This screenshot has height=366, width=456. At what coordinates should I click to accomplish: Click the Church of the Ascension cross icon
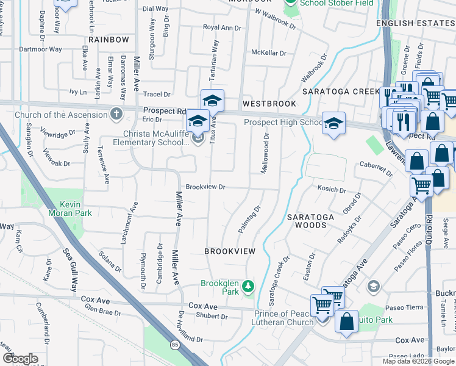tap(116, 114)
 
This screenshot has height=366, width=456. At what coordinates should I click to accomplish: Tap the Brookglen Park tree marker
tap(248, 285)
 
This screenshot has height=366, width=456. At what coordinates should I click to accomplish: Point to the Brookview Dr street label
tap(206, 187)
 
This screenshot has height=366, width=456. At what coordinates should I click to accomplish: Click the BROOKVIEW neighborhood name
tap(230, 251)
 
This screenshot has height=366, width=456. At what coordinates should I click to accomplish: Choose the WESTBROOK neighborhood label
tap(269, 104)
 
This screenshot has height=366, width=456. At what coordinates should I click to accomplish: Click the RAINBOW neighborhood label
tap(109, 40)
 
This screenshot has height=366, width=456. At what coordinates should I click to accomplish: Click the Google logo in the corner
tap(21, 359)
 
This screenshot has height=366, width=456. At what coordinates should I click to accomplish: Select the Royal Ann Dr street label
tap(223, 27)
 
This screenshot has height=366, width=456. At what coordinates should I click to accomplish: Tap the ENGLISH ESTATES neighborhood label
tap(415, 23)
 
